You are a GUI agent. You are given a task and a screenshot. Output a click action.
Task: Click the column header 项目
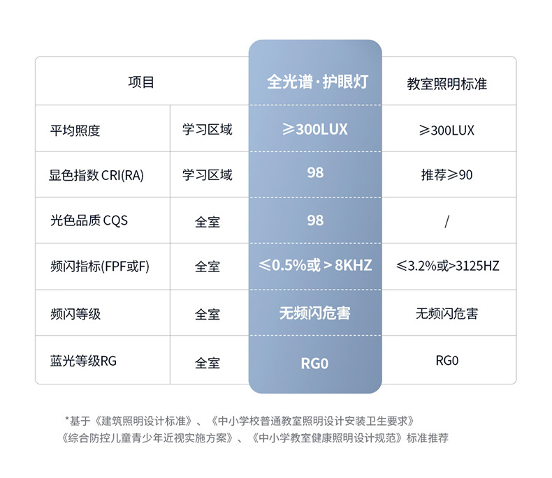point(140,82)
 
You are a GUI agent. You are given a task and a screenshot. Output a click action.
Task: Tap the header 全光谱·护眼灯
point(316,82)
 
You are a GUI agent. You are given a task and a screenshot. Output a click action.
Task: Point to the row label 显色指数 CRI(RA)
point(96,175)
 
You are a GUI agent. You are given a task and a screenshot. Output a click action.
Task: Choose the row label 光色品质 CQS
point(88,221)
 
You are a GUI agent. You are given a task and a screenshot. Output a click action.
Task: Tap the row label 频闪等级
point(75,314)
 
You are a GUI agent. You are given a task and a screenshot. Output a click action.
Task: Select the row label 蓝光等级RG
point(83,361)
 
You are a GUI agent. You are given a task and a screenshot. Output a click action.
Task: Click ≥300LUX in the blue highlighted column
point(315,129)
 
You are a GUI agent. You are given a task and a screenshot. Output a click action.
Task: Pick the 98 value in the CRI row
point(315,172)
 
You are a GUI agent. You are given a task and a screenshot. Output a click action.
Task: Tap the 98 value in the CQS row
point(315,220)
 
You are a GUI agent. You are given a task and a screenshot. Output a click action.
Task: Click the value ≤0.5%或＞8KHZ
point(315,266)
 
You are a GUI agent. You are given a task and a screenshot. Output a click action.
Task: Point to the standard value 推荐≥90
point(446,175)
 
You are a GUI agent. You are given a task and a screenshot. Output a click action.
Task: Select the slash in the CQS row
point(446,221)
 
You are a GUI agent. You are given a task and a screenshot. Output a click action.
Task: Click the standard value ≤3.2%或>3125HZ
point(447,267)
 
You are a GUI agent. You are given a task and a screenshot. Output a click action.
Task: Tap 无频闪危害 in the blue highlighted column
point(315,313)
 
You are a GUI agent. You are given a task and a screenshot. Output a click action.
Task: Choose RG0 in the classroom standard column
point(446,361)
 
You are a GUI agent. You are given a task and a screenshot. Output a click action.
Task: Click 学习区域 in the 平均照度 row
point(208,130)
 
